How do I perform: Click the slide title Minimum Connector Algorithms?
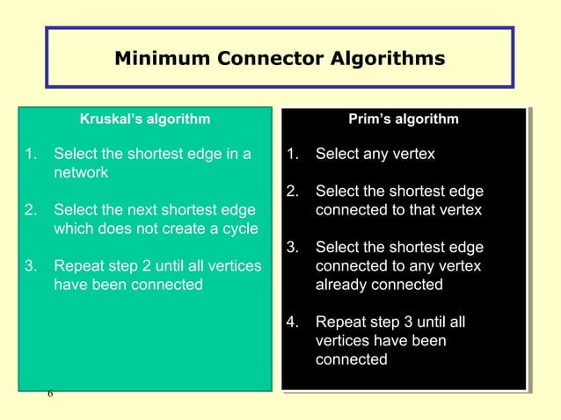click(280, 59)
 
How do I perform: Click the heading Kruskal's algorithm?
click(145, 119)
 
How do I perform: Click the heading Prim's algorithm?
click(404, 119)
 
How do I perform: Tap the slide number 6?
click(50, 394)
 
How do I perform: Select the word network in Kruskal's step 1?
click(81, 173)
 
